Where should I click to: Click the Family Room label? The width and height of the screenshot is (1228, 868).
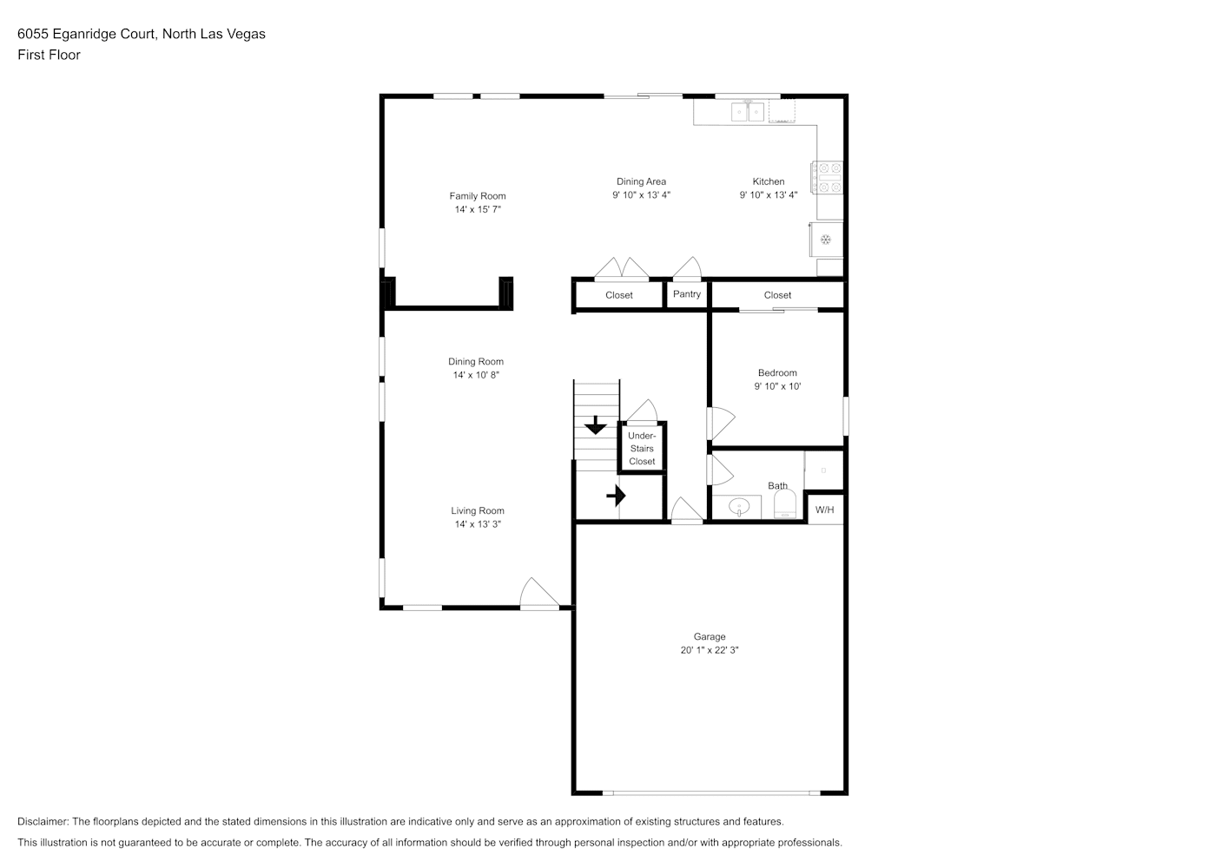[x=478, y=196]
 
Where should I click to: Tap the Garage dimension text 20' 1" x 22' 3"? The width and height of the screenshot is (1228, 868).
[x=710, y=650]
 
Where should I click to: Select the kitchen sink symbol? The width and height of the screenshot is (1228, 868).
[x=748, y=112]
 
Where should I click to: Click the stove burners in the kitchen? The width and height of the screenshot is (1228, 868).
[x=828, y=178]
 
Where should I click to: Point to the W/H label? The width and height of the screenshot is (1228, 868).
[x=824, y=510]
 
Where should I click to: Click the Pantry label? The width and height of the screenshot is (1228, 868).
[x=687, y=294]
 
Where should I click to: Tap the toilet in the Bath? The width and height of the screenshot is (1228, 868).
[x=784, y=503]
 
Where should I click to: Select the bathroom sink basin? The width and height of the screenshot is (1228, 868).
[x=739, y=507]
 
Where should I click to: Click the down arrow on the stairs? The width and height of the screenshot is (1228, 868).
[x=596, y=425]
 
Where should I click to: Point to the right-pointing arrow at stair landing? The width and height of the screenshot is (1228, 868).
[x=617, y=496]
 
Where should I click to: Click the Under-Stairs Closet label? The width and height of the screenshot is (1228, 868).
[x=642, y=448]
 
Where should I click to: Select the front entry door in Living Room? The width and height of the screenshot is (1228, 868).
[x=539, y=594]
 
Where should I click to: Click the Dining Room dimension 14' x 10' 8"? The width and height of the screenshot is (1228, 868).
[x=476, y=375]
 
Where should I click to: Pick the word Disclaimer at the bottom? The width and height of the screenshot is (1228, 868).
[x=43, y=821]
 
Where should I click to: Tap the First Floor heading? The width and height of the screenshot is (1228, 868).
[x=49, y=55]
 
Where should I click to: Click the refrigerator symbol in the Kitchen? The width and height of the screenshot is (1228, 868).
[x=826, y=240]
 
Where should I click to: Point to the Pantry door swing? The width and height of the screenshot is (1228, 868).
[x=688, y=268]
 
